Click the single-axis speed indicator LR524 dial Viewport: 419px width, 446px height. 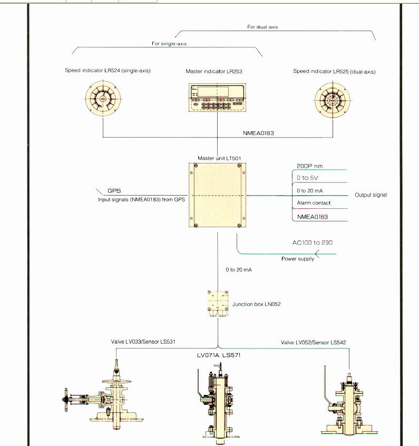[x=103, y=99]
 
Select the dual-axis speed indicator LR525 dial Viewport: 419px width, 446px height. [x=332, y=99]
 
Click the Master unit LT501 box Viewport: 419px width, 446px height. [x=217, y=195]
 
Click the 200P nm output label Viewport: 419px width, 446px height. [x=310, y=166]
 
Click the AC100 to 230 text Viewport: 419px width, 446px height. [x=313, y=243]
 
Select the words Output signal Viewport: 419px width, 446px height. [x=371, y=195]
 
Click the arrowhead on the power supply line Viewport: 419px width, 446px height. [x=318, y=254]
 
